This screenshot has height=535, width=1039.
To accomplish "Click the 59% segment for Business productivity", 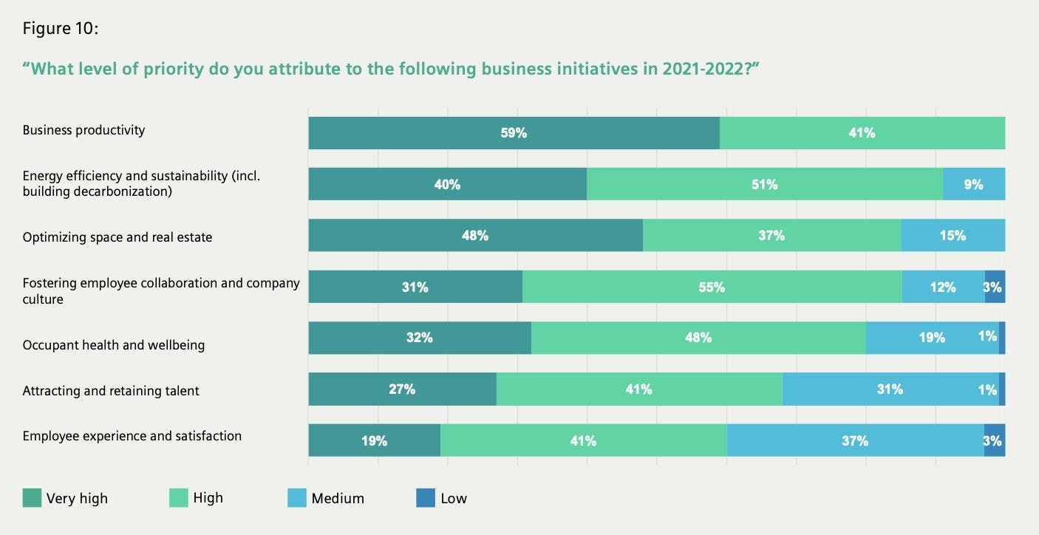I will point(514,133).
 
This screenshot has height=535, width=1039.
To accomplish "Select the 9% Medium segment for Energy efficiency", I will point(973,184).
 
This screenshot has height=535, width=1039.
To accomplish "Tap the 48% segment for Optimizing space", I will point(475,235).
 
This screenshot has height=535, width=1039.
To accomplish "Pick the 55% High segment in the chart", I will point(712,287).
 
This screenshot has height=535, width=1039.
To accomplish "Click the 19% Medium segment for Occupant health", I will point(932,338).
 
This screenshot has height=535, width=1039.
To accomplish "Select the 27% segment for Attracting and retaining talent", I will point(402,389).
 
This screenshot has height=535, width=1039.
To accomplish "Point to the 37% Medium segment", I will point(855,440).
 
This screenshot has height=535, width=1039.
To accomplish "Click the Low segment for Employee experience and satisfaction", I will point(994,440).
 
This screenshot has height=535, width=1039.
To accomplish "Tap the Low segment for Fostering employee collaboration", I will point(995,287).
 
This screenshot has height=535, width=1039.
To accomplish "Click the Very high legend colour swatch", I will point(32,498).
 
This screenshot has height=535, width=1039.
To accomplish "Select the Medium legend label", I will point(338,499).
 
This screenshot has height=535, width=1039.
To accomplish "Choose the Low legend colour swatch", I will point(426,498).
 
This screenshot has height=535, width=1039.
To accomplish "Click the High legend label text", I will point(208,498).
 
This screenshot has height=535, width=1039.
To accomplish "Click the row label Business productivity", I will point(84,130).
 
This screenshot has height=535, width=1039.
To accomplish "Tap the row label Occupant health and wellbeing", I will point(113,345).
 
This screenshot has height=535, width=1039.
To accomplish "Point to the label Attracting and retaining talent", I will point(111,391).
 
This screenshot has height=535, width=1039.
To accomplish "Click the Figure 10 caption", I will point(60,29).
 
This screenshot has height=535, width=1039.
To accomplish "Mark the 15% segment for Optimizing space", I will point(953,235).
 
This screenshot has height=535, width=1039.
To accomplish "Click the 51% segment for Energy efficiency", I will point(764,184).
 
